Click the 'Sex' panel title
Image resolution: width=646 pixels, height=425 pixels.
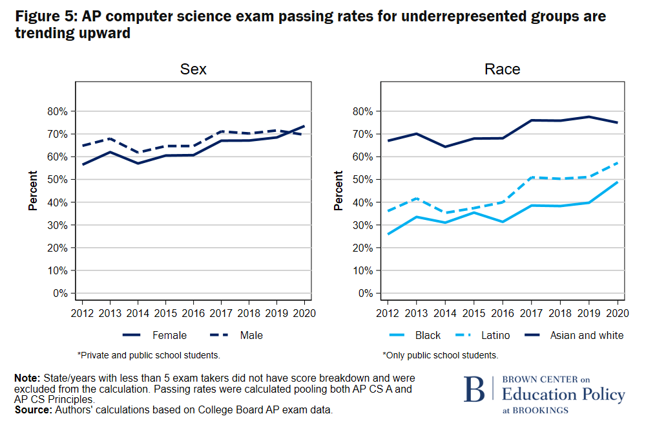(x=193, y=69)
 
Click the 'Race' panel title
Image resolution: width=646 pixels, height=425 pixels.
(x=502, y=69)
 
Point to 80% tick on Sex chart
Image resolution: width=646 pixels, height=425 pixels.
(x=57, y=111)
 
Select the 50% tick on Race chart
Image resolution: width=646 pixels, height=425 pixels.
(x=364, y=179)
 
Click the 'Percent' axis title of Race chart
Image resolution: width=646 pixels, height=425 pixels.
(x=339, y=191)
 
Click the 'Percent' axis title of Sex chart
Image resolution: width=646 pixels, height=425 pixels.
(x=32, y=191)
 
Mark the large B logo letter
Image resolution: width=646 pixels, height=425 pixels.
(x=474, y=389)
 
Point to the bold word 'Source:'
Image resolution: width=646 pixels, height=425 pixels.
(x=34, y=409)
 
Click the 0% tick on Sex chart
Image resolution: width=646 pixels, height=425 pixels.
(x=60, y=293)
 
